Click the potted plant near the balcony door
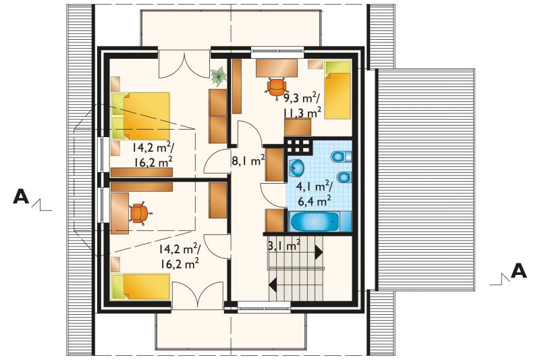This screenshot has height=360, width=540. coord(218,76)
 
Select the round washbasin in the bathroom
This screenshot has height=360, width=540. coord(296,168)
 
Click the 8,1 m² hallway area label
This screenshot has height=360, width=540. coord(248,161)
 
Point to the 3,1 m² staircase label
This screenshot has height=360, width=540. coord(284,246)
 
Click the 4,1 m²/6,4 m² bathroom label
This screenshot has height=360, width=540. coord(314,193)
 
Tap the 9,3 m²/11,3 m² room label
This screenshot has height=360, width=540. coord(302,105)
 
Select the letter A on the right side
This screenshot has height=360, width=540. coord(518,271)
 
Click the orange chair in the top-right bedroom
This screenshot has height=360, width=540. coord(276,88)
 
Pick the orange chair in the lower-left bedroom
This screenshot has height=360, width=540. coord(140,213)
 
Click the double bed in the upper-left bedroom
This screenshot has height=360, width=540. coord(141,116)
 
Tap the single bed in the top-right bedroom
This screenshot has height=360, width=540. coord(338,90)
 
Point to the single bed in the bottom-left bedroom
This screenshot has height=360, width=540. coord(140,286)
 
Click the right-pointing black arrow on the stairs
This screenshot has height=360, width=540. coord(318,252)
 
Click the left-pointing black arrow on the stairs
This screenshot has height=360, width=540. coord(273,284)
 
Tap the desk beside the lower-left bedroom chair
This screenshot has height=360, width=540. coord(119,213)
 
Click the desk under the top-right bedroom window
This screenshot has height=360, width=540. coord(277,68)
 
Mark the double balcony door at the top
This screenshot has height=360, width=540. coord(184,65)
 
